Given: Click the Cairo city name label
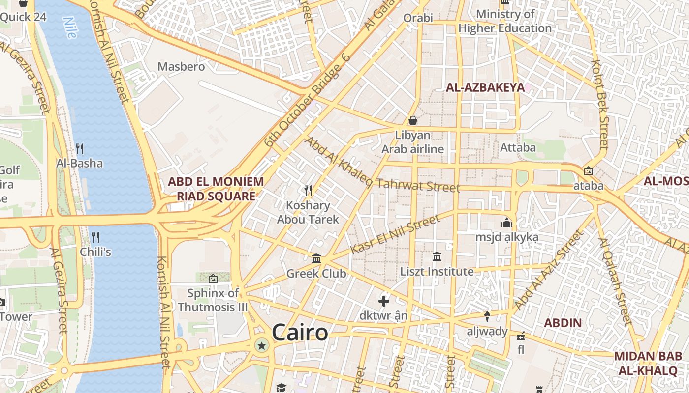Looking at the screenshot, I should coord(300,333).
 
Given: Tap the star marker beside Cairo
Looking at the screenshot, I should coord(261,346).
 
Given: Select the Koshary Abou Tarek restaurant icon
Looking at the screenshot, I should coord(308,190).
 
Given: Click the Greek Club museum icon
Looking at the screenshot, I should coord(316,258).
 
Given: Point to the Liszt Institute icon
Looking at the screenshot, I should coord(437,256).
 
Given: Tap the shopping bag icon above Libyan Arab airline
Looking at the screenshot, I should coord(413,120).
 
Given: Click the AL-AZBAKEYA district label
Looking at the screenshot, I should coord(485,88).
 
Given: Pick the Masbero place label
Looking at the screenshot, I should coord(181,67).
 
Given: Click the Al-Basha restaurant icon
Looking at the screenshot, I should coord(79,148).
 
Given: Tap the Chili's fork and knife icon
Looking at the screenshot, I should coord(95,237).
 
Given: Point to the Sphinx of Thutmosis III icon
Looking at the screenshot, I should coord(213,279).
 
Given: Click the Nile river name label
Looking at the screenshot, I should coord(71,28).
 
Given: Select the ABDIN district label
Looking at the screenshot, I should coord(563,323).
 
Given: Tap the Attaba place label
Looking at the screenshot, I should coord(518,147).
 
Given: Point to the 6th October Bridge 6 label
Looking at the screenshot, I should coord(307,100).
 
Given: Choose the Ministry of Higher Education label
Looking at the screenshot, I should coord(505,21).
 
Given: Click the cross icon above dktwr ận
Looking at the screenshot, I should coord(384,301).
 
